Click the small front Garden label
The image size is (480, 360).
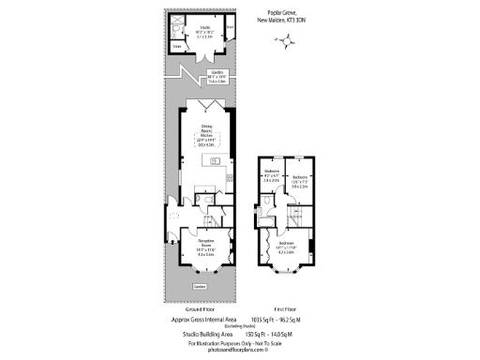click(199, 286)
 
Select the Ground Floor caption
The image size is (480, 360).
click(198, 308)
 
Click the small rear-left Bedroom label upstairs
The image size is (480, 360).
click(272, 174)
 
